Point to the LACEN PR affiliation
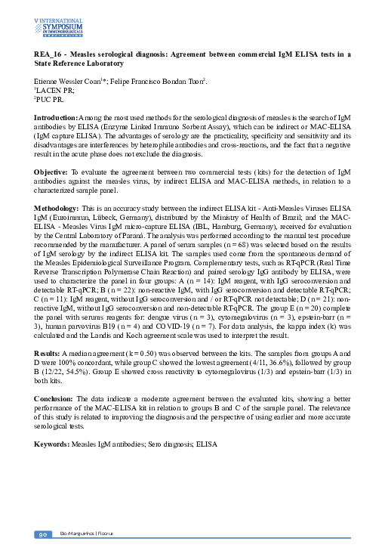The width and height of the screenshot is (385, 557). tap(52, 89)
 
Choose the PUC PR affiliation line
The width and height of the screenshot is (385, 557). tap(49, 98)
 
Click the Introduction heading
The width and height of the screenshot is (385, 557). tap(57, 119)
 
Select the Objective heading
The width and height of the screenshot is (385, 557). tap(51, 173)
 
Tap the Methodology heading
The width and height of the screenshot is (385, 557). tap(58, 206)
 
